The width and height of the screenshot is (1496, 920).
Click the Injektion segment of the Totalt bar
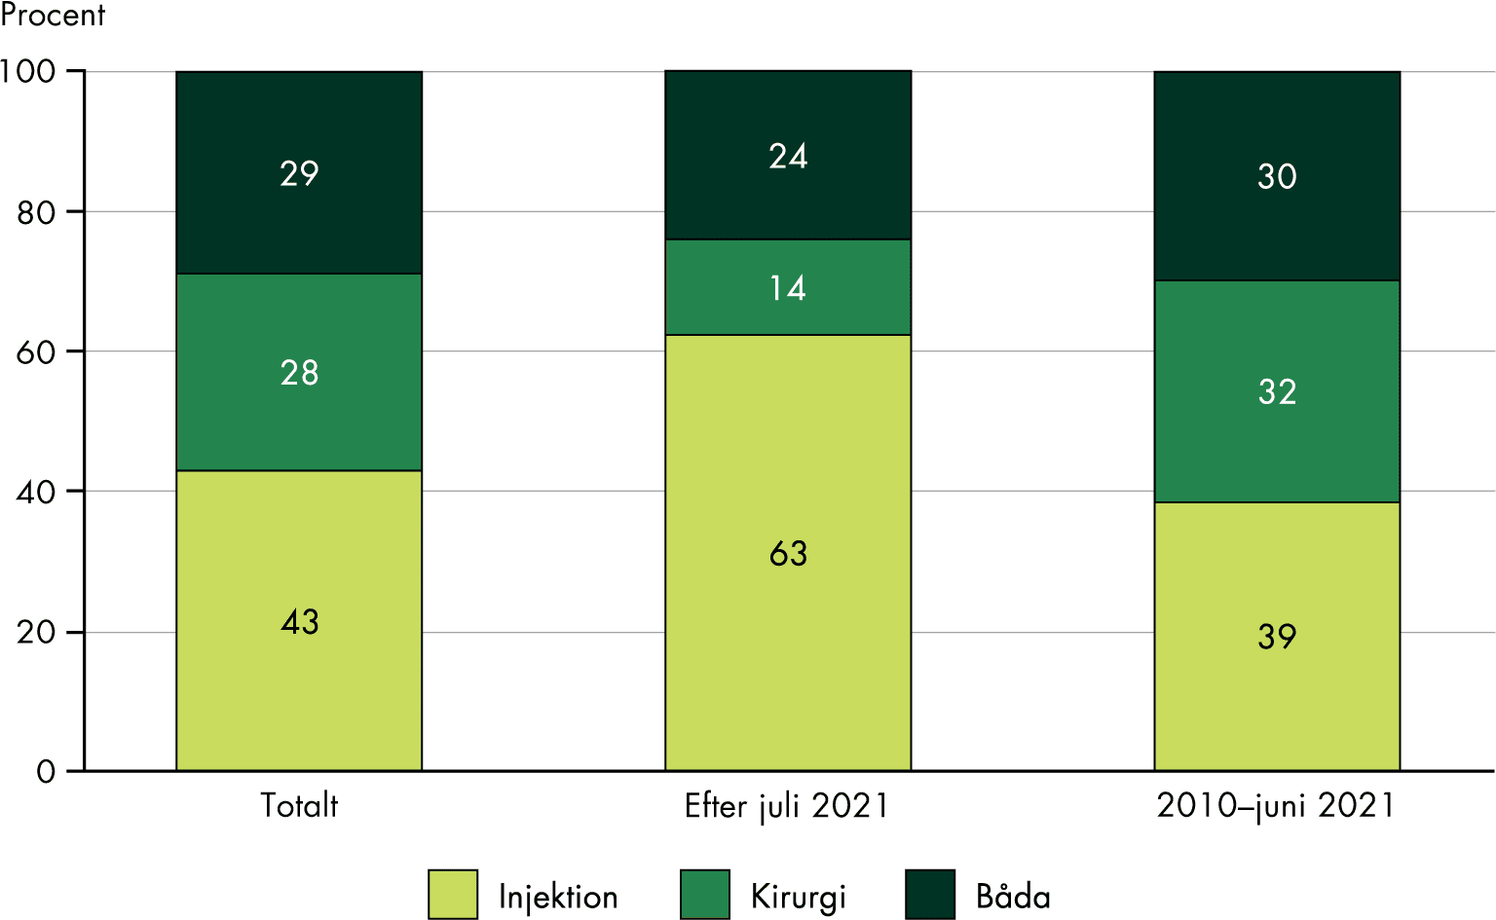click(x=299, y=620)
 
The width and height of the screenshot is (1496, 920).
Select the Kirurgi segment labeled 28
click(x=299, y=372)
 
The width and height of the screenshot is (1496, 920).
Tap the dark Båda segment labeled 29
click(x=299, y=172)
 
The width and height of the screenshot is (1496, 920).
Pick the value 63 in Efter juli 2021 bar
click(x=788, y=553)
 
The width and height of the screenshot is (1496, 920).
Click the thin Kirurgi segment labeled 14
click(x=788, y=287)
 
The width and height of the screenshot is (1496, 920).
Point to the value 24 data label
click(x=788, y=156)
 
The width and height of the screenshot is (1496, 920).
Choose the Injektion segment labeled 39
click(x=1277, y=636)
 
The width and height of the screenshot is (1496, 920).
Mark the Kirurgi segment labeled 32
click(x=1277, y=391)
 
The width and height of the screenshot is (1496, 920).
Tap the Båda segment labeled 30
click(x=1277, y=176)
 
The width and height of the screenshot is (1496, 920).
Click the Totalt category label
click(x=299, y=805)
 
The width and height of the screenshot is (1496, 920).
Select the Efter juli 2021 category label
click(x=787, y=806)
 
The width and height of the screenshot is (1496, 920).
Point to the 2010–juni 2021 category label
click(x=1276, y=806)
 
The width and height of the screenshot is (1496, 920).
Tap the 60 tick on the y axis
click(x=36, y=351)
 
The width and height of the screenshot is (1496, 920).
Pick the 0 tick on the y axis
click(x=46, y=772)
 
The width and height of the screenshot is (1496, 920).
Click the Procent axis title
click(x=53, y=15)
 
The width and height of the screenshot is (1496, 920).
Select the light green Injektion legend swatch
click(x=453, y=894)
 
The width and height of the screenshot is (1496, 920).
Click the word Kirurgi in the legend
click(x=798, y=896)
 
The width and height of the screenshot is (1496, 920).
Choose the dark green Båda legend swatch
click(x=929, y=894)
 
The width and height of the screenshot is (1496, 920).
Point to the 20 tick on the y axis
click(x=36, y=632)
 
